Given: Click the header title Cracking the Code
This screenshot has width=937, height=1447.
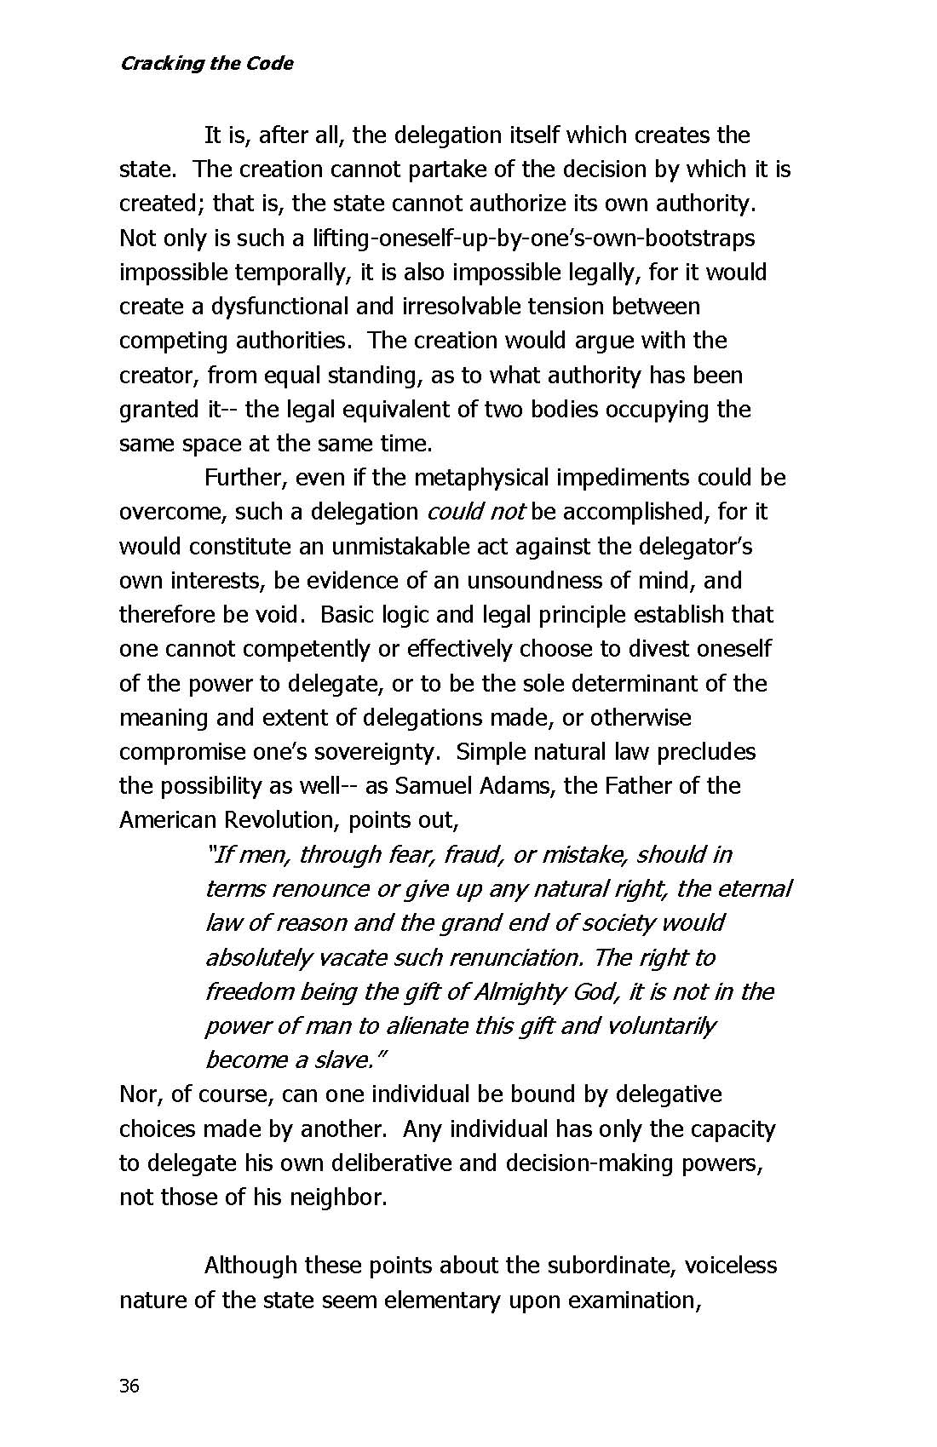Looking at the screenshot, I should pyautogui.click(x=206, y=63).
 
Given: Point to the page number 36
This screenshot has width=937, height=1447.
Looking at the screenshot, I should pyautogui.click(x=129, y=1386).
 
